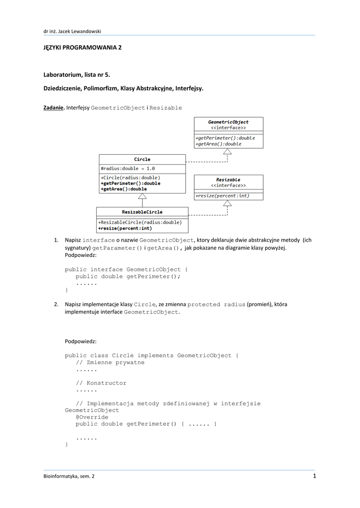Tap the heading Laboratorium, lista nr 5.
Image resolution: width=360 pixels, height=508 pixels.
[x=76, y=74]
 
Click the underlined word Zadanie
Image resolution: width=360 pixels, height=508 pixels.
[x=54, y=108]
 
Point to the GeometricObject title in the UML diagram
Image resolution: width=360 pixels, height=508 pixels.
[x=228, y=122]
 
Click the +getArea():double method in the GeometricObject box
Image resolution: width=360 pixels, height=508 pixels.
[x=218, y=144]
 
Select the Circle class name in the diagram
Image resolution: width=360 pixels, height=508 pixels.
[x=142, y=159]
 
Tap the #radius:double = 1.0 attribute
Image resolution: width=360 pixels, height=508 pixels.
[x=128, y=168]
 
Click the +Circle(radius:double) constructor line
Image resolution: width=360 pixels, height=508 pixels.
[x=130, y=177]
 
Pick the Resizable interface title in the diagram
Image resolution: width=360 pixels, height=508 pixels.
[x=228, y=180]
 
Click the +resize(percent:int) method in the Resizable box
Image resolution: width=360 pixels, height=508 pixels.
[x=222, y=196]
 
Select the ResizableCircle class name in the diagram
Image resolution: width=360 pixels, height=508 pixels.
[x=142, y=212]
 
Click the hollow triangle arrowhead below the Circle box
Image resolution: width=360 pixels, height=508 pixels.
[x=142, y=196]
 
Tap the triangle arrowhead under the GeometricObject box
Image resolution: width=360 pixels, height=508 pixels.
[x=227, y=152]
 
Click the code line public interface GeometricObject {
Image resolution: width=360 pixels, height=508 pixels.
[x=126, y=269]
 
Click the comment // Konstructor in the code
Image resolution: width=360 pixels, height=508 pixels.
[x=101, y=383]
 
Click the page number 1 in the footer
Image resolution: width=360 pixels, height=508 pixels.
[x=314, y=477]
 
